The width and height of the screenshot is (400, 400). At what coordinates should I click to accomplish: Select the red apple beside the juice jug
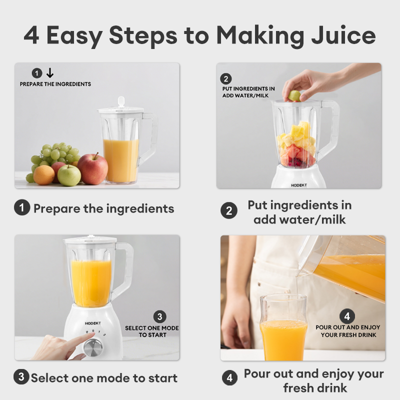[x=92, y=169]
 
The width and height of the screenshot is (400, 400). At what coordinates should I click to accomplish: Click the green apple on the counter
[x=69, y=175]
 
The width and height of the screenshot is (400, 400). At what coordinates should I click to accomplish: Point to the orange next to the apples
[x=44, y=175]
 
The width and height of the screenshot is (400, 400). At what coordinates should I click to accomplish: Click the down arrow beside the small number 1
[x=49, y=73]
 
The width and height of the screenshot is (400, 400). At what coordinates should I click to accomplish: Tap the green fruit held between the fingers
[x=294, y=95]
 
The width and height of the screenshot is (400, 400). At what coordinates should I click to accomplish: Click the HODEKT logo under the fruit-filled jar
[x=299, y=184]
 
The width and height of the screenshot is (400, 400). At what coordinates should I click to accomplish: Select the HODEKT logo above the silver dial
[x=92, y=323]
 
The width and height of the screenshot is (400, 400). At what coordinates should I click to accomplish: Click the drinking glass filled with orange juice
[x=283, y=327]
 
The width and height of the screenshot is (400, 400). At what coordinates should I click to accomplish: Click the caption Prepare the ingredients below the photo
[x=103, y=208]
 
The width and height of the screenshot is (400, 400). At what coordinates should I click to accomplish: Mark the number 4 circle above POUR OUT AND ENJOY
[x=347, y=316]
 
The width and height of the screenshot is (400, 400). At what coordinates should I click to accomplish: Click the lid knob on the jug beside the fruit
[x=121, y=101]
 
